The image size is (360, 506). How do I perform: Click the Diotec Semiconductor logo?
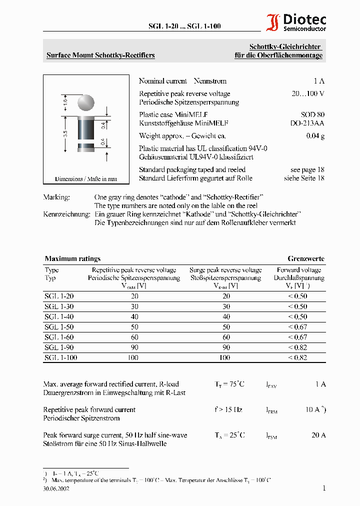tap(296, 23)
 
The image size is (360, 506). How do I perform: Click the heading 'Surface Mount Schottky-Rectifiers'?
tap(100, 55)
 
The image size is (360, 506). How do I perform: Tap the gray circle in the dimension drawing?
tap(86, 102)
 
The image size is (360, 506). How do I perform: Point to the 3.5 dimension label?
tap(65, 133)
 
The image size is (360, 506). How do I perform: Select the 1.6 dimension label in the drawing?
tap(65, 102)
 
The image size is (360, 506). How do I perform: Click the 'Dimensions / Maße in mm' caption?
tap(86, 178)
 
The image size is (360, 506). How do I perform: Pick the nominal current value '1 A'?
tap(319, 81)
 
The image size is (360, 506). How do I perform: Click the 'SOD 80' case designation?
tap(312, 114)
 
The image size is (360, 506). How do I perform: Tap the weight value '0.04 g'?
tap(315, 136)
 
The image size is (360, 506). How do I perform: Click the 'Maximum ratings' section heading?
tap(72, 258)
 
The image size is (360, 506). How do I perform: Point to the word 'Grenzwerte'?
tap(305, 258)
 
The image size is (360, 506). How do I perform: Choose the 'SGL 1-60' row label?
tap(59, 337)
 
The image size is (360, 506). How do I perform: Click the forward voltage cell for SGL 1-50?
tap(297, 327)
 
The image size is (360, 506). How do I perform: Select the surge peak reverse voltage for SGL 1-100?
tap(224, 357)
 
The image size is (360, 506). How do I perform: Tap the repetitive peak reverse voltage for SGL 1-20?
tap(134, 296)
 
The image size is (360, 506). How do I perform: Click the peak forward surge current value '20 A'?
tap(318, 435)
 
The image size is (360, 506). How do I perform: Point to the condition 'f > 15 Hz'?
tap(228, 409)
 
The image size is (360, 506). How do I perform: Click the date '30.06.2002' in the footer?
tap(56, 489)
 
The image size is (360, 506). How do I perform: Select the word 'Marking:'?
tap(56, 197)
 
